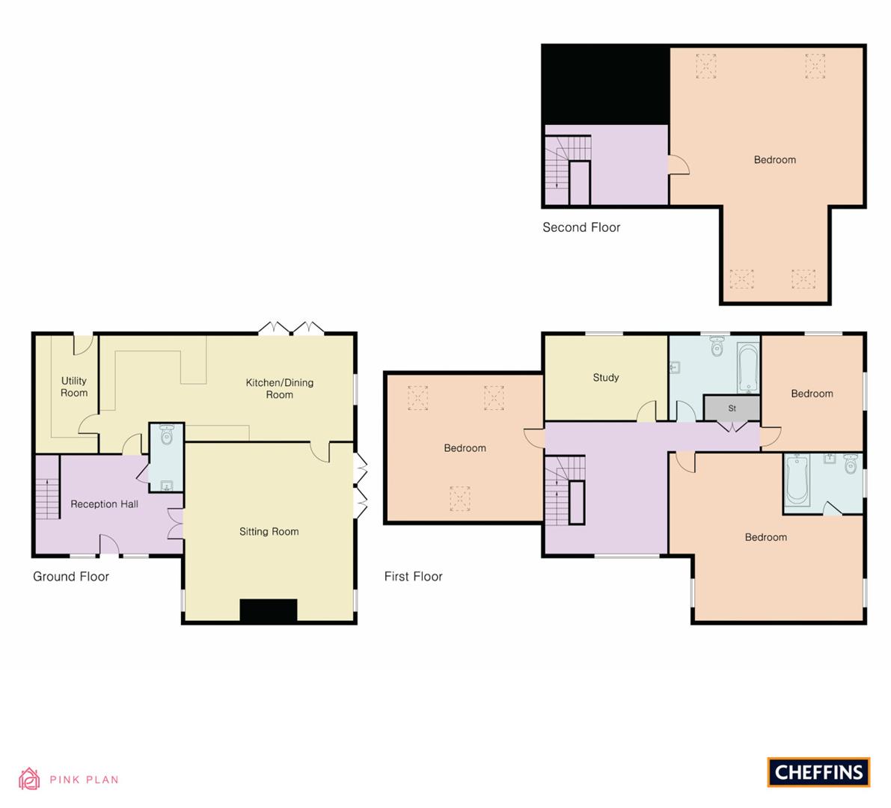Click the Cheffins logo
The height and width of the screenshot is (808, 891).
(818, 772)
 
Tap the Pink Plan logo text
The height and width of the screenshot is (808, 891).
(84, 780)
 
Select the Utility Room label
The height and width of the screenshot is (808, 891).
(74, 387)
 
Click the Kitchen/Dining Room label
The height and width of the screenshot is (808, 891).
(280, 388)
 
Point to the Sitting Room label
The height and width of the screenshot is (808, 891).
(269, 532)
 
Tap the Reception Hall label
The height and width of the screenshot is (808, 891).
(104, 504)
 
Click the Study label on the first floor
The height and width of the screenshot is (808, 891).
(605, 378)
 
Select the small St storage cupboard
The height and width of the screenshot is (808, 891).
(732, 408)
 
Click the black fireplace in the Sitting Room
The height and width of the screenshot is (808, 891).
(268, 610)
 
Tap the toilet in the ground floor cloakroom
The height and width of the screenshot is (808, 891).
(167, 435)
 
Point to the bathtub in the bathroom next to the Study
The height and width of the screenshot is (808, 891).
(747, 368)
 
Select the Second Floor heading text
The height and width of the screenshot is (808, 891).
(581, 227)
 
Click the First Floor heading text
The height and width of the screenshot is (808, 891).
(413, 577)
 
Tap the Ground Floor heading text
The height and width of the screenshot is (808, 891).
(71, 577)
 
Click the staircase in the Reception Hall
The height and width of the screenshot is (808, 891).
(47, 487)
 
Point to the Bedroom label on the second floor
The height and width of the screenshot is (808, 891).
(774, 160)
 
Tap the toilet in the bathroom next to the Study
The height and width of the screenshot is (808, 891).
(717, 346)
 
